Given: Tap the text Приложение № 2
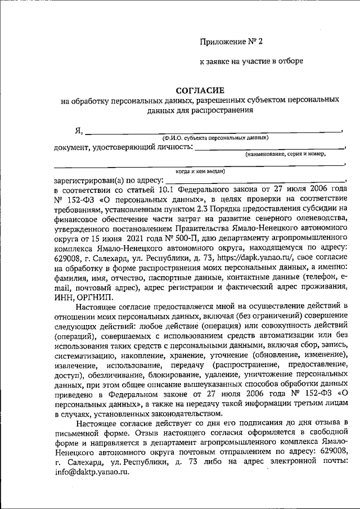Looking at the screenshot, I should (x=231, y=42).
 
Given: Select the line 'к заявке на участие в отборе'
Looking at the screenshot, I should (x=251, y=61).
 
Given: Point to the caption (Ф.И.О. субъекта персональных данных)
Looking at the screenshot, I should (x=215, y=137).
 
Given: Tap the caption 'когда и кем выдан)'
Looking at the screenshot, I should (x=200, y=170).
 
